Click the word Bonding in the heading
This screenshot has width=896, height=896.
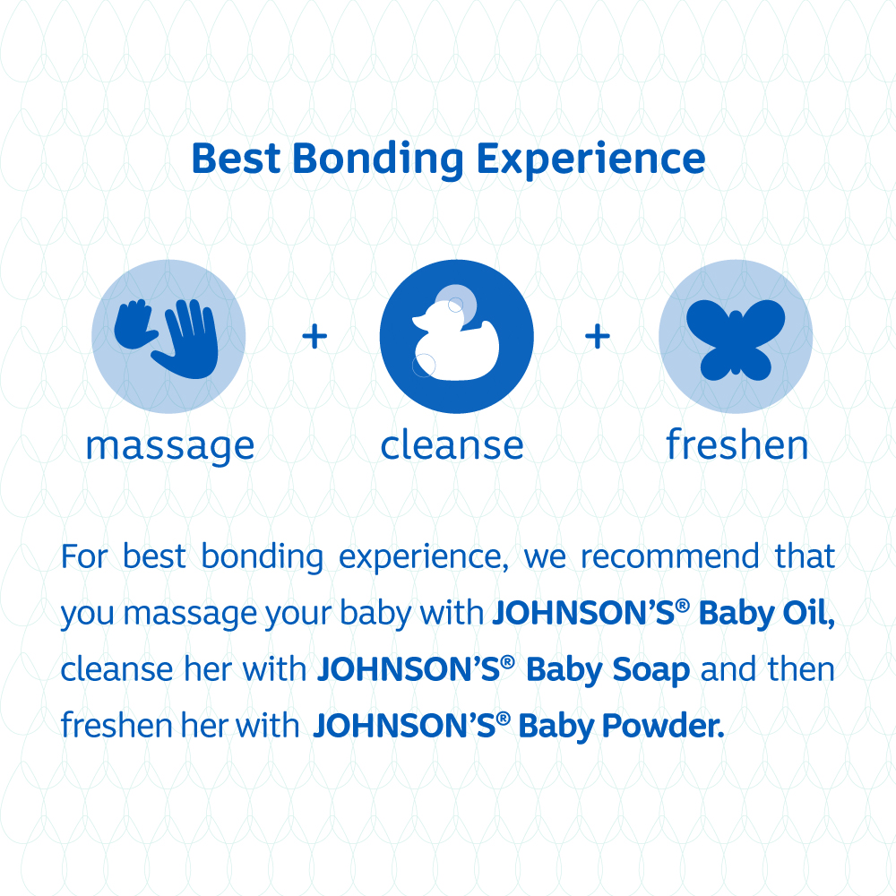click(378, 160)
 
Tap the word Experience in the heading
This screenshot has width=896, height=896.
click(590, 160)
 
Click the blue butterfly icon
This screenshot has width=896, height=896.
click(735, 338)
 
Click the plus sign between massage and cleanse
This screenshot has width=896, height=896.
click(314, 337)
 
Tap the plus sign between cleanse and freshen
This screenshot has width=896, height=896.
click(597, 337)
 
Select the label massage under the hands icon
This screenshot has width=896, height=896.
click(170, 445)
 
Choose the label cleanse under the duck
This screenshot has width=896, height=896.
click(452, 445)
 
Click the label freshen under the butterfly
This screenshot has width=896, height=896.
click(737, 445)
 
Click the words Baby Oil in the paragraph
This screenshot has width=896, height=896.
click(767, 614)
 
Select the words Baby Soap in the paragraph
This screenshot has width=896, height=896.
click(607, 670)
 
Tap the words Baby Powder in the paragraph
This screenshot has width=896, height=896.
click(620, 726)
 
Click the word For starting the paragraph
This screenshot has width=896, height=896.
click(85, 557)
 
